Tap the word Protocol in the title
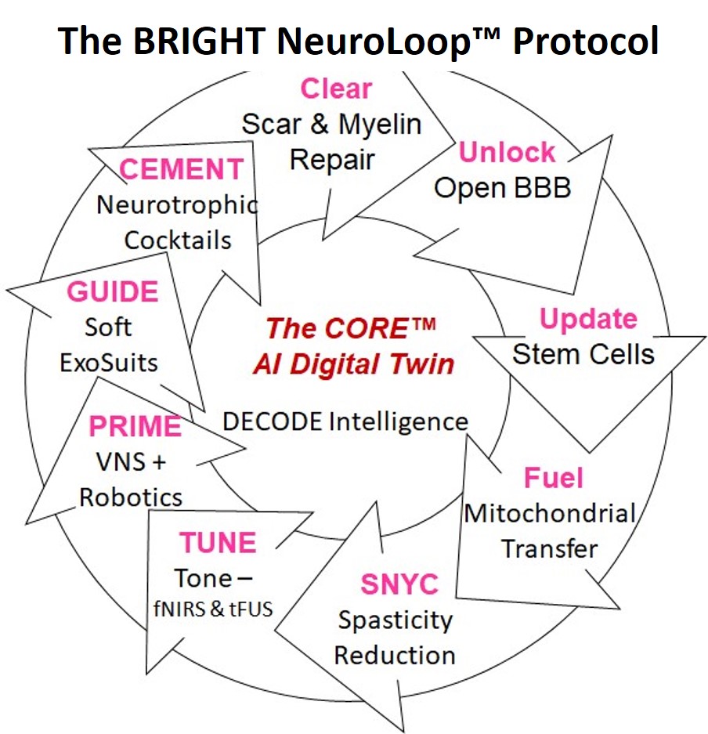pyautogui.click(x=585, y=40)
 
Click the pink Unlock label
pyautogui.click(x=507, y=153)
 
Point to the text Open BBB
pyautogui.click(x=502, y=188)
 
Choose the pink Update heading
pyautogui.click(x=588, y=319)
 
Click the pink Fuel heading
pyautogui.click(x=554, y=477)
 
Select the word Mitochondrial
pyautogui.click(x=550, y=514)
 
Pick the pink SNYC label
pyautogui.click(x=399, y=584)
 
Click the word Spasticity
pyautogui.click(x=396, y=620)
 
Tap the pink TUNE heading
pyautogui.click(x=218, y=543)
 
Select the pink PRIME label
pyautogui.click(x=135, y=427)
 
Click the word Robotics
pyautogui.click(x=131, y=497)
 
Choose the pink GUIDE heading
pyautogui.click(x=112, y=291)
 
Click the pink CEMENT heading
pyautogui.click(x=181, y=169)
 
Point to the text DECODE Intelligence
pyautogui.click(x=345, y=421)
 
